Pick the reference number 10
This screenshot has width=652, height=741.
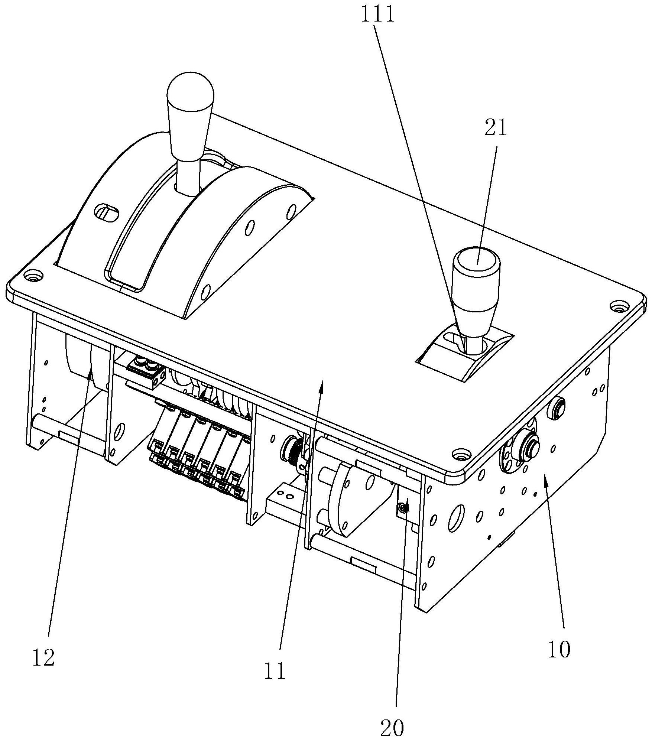pos(559,650)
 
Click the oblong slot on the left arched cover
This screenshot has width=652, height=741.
pos(107,213)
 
